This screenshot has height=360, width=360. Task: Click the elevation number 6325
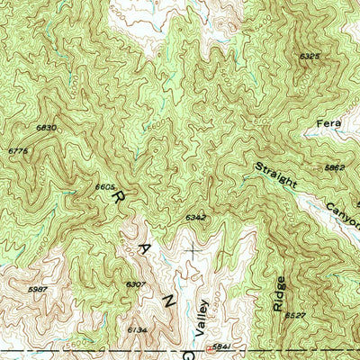click(310, 56)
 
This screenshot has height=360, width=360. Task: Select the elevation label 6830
click(46, 128)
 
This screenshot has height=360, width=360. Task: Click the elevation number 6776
click(18, 151)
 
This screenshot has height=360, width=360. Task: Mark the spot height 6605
click(105, 186)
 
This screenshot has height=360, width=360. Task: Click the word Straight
click(274, 176)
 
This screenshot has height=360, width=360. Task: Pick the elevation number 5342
click(196, 218)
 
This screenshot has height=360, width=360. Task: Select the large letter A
click(144, 246)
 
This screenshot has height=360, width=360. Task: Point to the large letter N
click(166, 303)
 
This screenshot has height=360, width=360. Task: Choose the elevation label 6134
click(136, 329)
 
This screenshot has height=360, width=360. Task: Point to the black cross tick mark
click(192, 246)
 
